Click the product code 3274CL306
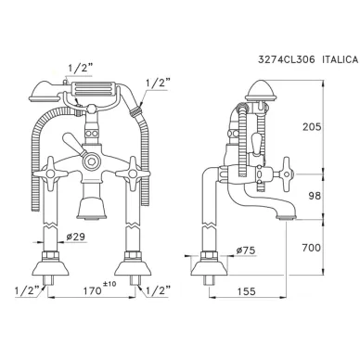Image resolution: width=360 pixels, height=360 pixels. coord(287,59)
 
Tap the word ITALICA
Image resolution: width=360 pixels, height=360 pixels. coord(341,59)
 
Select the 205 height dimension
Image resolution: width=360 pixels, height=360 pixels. coord(312,127)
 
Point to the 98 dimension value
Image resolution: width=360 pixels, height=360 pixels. coord(315,196)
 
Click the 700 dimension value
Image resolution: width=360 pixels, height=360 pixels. coord(312,248)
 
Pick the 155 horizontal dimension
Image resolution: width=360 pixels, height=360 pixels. coord(247,291)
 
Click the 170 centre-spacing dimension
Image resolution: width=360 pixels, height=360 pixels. coord(93,290)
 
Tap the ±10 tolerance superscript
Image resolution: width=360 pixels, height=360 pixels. coord(109,284)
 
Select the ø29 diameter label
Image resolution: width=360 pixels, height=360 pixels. coord(75,237)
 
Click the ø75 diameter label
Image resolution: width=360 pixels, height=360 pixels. coord(246,251)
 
